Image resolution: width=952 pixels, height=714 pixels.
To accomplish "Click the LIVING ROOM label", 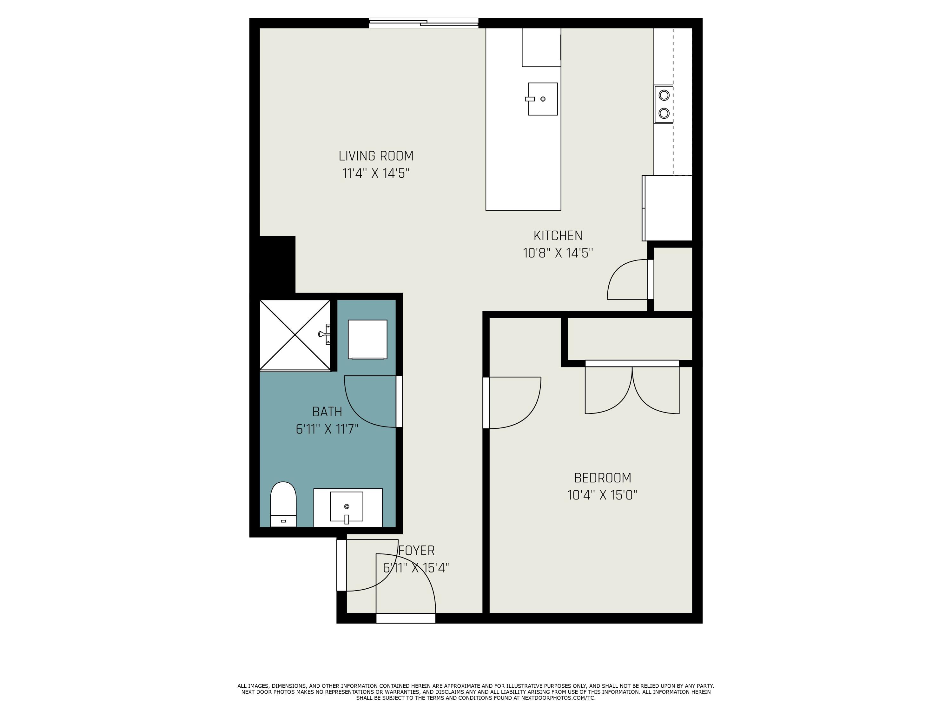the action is click(376, 156).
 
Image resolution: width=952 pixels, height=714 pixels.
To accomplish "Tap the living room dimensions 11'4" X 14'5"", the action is click(376, 174).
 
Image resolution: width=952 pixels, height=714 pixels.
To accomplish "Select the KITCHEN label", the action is click(558, 235).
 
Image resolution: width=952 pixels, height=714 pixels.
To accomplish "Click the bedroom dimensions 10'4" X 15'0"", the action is click(603, 495).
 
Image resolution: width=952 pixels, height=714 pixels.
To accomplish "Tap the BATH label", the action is click(327, 412).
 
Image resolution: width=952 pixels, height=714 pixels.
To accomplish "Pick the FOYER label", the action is click(417, 551).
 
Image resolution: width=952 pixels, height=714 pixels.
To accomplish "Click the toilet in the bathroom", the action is click(283, 504).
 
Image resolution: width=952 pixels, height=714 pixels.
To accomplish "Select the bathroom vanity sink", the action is click(347, 508).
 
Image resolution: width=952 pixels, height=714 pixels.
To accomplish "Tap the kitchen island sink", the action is click(542, 99).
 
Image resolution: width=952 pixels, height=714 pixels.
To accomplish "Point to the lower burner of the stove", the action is click(664, 113).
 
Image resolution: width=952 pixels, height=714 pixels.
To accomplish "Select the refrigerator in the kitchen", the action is click(667, 208).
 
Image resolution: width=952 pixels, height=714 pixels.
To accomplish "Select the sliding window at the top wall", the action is click(424, 23).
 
